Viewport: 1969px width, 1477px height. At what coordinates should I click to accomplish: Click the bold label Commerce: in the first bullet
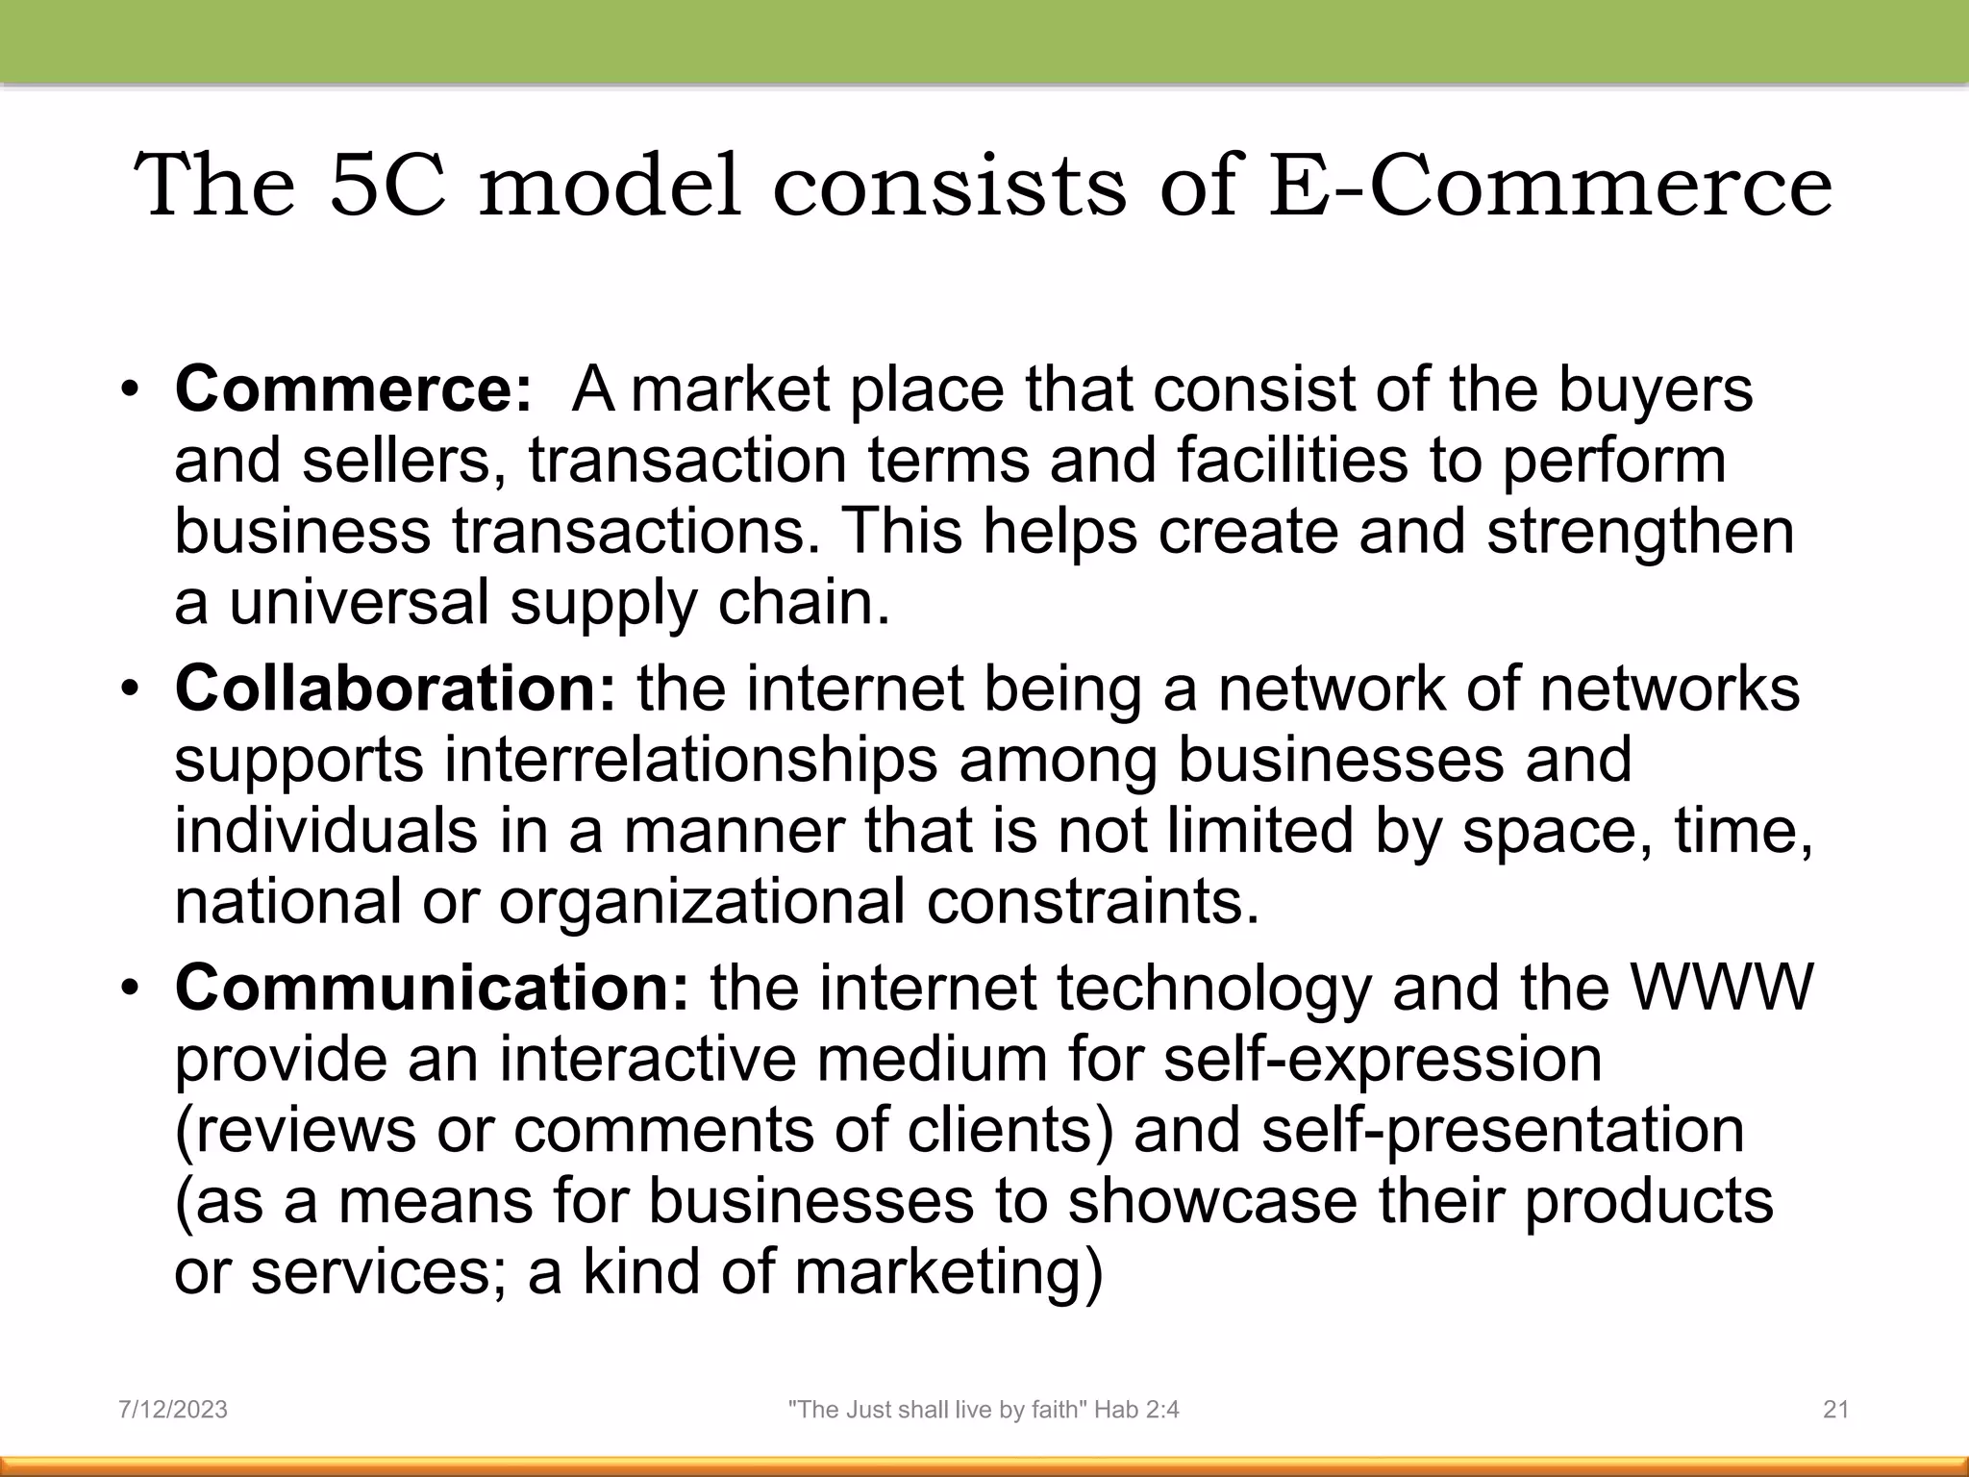point(353,389)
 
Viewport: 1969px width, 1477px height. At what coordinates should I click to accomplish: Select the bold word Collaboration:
point(395,688)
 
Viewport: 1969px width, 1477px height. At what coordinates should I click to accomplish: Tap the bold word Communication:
point(432,988)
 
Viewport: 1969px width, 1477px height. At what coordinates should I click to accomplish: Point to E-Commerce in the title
point(1550,186)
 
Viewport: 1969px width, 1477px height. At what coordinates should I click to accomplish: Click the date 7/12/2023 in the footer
point(173,1410)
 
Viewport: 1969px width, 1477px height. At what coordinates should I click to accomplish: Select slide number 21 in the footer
point(1836,1410)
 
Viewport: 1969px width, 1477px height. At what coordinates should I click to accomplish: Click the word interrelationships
point(690,760)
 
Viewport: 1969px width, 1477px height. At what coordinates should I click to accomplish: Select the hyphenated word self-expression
point(1383,1059)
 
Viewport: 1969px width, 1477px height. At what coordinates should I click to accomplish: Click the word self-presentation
point(1502,1130)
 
